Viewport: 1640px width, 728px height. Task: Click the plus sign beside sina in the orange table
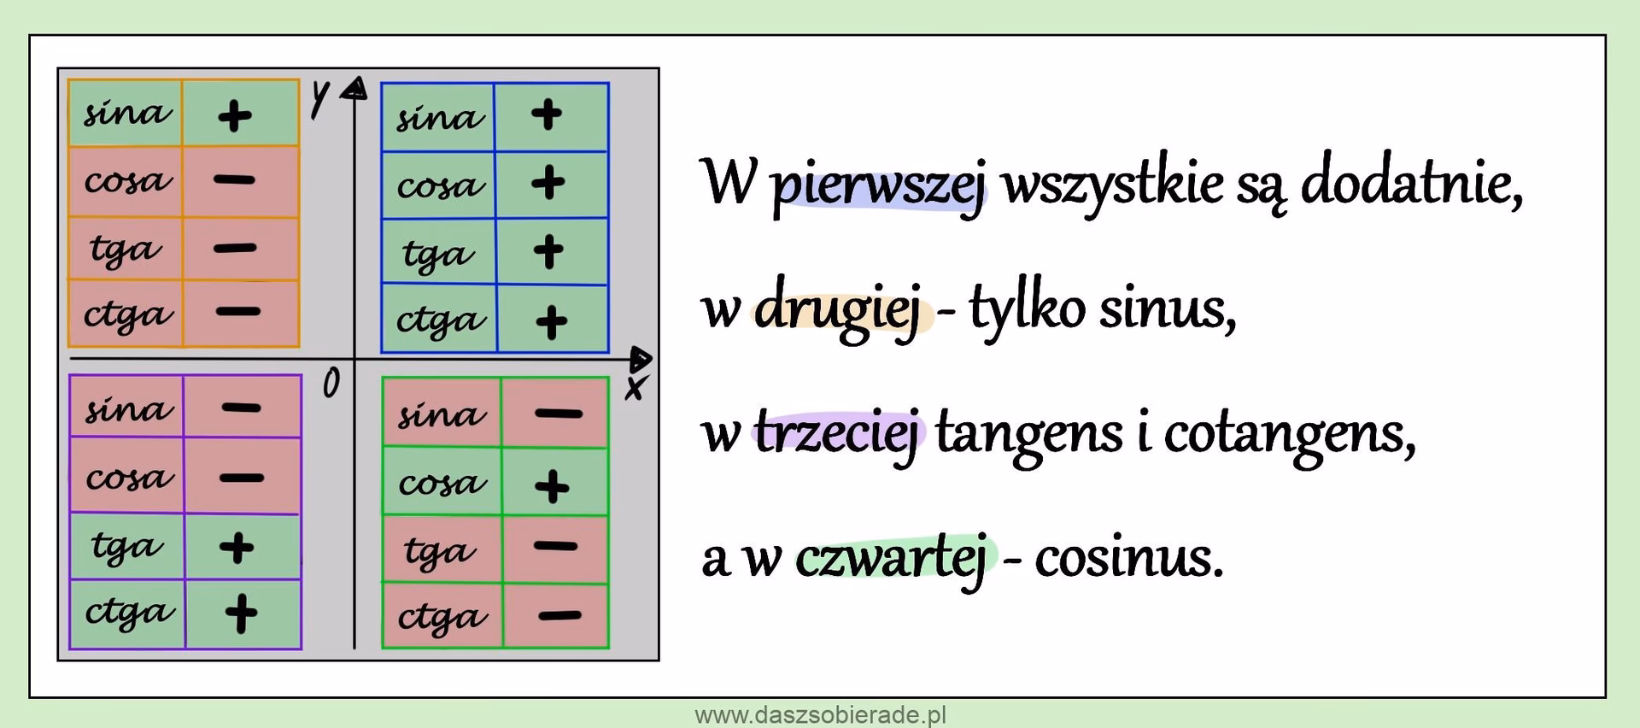coord(235,115)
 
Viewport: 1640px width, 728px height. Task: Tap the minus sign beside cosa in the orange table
coord(235,180)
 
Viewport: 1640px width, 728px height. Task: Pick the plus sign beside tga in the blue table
coord(548,251)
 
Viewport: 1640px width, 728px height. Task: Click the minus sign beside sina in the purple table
coord(241,408)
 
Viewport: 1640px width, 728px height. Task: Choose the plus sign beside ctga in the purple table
coord(241,612)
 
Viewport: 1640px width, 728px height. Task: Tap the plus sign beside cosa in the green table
coord(552,486)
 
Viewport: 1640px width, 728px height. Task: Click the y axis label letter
coord(319,98)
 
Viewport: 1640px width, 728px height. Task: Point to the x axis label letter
coord(635,389)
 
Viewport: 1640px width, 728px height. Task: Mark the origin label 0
coord(331,384)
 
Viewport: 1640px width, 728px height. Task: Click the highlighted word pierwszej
coord(879,185)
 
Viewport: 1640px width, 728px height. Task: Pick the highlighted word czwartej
coord(893,558)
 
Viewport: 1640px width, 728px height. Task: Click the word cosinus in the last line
coord(1127,558)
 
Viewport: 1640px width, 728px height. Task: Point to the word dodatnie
coord(1410,183)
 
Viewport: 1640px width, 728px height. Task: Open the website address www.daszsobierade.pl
coord(820,715)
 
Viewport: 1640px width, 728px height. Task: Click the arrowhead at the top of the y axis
coord(355,88)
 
